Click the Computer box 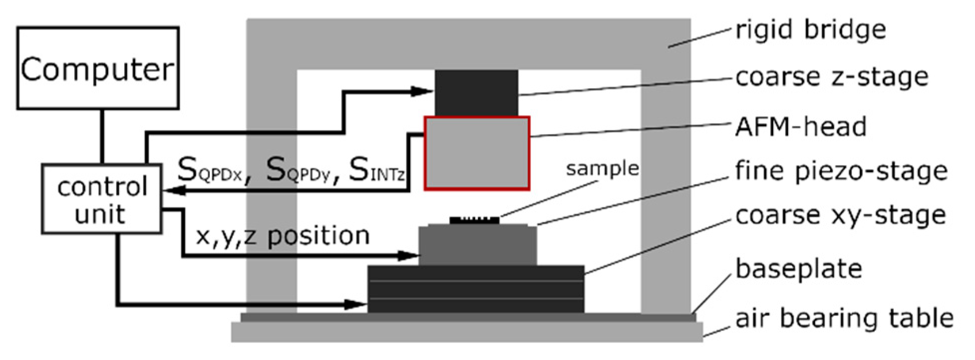pyautogui.click(x=98, y=68)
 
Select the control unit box pyautogui.click(x=102, y=199)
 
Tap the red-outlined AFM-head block pyautogui.click(x=477, y=154)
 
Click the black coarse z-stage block pyautogui.click(x=476, y=93)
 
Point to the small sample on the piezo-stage pyautogui.click(x=474, y=220)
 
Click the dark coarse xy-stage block pyautogui.click(x=476, y=289)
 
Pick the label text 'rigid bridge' pyautogui.click(x=811, y=30)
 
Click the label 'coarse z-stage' pyautogui.click(x=832, y=77)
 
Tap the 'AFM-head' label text pyautogui.click(x=801, y=127)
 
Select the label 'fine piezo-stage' pyautogui.click(x=841, y=172)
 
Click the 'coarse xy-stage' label pyautogui.click(x=841, y=215)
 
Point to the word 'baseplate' pyautogui.click(x=799, y=269)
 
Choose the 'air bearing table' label pyautogui.click(x=844, y=318)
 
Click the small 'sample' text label pyautogui.click(x=602, y=169)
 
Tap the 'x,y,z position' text pyautogui.click(x=283, y=236)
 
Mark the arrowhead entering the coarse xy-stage pyautogui.click(x=357, y=304)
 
